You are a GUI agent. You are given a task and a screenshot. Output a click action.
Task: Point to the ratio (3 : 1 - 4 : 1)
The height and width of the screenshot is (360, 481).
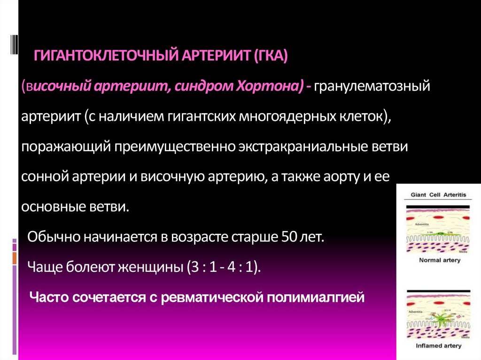pos(223,268)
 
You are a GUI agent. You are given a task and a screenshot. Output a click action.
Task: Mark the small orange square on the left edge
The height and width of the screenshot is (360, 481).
pos(15,258)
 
